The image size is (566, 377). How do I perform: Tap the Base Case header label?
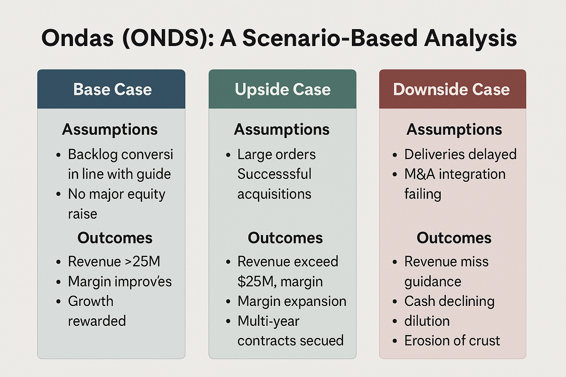(112, 89)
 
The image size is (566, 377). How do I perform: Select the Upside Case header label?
(283, 89)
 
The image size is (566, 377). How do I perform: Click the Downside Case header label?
(451, 89)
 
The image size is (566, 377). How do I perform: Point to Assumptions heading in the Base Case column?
(110, 130)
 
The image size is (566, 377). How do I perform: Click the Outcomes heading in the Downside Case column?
(454, 238)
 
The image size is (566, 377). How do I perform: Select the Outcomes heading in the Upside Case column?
(285, 238)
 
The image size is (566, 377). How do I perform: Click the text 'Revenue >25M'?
(114, 261)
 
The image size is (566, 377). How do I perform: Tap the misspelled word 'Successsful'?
(275, 174)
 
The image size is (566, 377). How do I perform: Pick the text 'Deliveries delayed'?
(460, 154)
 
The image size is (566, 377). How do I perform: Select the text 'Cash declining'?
(449, 301)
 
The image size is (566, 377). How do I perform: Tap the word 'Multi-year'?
(268, 321)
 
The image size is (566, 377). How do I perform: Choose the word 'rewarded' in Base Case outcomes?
(97, 321)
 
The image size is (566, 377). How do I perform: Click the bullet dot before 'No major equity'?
(58, 194)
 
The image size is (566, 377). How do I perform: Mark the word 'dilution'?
(427, 321)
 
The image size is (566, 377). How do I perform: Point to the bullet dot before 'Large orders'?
(228, 155)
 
